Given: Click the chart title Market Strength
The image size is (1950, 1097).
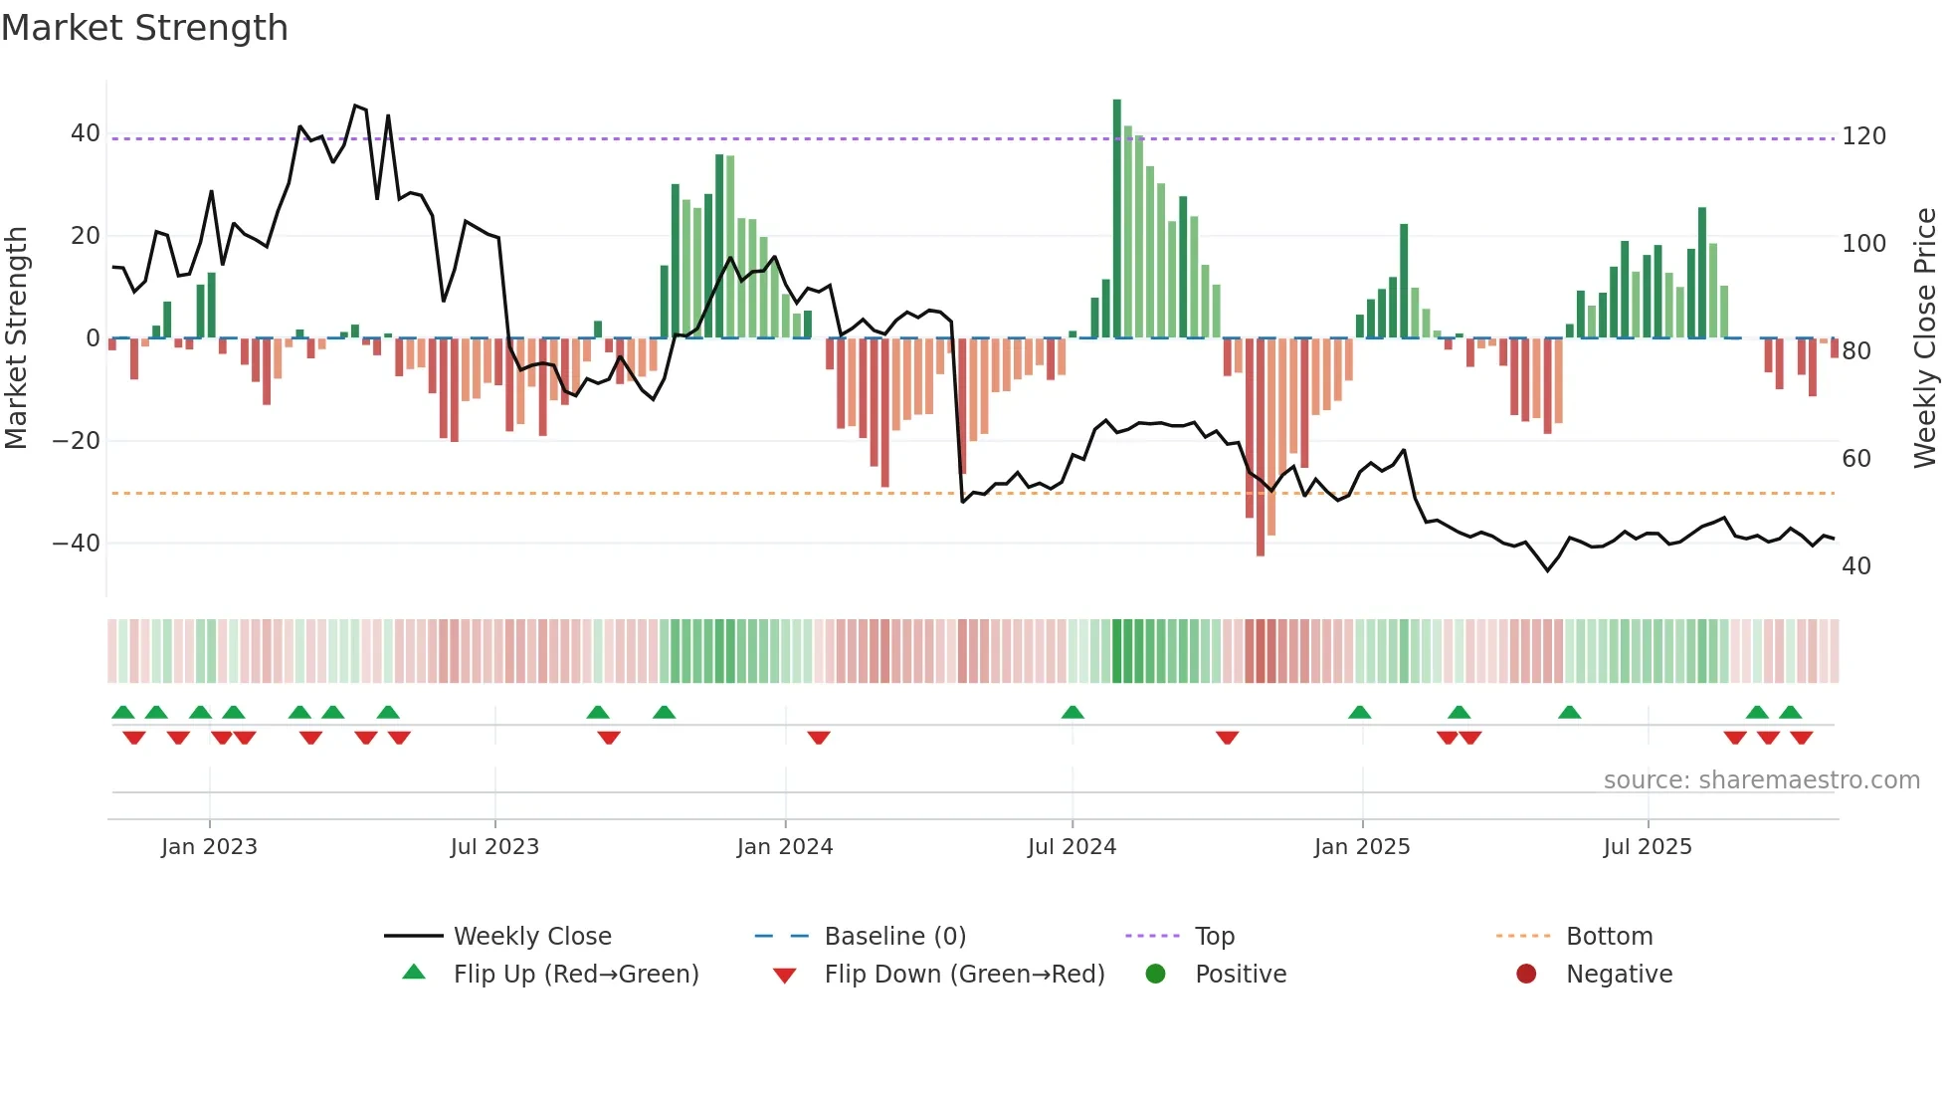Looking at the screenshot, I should click(144, 28).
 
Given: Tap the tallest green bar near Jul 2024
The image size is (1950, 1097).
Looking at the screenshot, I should click(1116, 219).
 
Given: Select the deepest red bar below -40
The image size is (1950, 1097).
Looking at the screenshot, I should click(1261, 448).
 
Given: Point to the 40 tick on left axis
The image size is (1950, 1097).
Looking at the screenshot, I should click(86, 133).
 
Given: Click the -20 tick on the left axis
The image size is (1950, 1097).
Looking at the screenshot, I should click(77, 441).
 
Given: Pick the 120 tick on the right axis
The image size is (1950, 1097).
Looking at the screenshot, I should click(1863, 136).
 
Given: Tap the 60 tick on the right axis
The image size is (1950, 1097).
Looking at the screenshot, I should click(1856, 459).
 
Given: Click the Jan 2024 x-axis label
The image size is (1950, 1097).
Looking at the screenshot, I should click(785, 847).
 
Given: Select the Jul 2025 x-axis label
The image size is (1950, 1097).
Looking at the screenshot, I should click(1648, 847).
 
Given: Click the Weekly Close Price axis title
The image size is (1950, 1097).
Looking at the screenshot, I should click(1925, 338).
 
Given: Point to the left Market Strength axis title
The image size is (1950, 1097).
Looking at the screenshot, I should click(17, 338).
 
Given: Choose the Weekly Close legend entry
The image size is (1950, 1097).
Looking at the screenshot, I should click(532, 937).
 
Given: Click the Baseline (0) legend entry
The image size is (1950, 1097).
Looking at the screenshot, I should click(894, 937).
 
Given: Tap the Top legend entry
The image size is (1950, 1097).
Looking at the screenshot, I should click(1214, 937).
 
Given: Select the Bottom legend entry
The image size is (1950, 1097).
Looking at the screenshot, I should click(1609, 937).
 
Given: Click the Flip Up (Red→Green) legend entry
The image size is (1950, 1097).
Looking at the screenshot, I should click(575, 975).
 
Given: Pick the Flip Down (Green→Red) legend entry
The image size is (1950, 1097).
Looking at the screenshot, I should click(964, 975).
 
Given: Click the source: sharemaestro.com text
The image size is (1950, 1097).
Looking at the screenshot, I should click(1761, 780).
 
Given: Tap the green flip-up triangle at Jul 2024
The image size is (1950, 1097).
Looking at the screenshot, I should click(1072, 712).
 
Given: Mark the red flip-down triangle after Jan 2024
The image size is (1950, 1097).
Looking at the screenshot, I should click(819, 738).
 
